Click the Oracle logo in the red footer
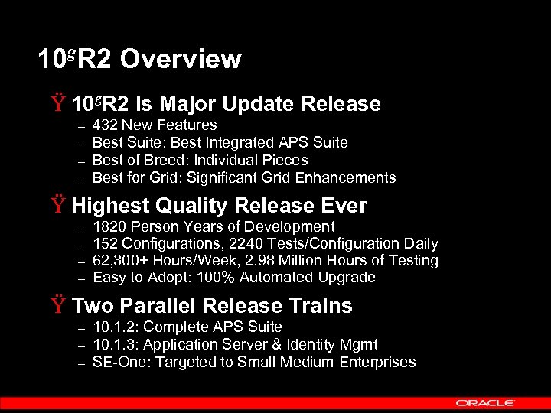pyautogui.click(x=485, y=402)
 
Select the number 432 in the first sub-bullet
pyautogui.click(x=105, y=125)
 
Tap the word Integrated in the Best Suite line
pyautogui.click(x=234, y=142)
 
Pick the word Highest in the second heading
pyautogui.click(x=110, y=206)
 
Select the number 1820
pyautogui.click(x=109, y=226)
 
